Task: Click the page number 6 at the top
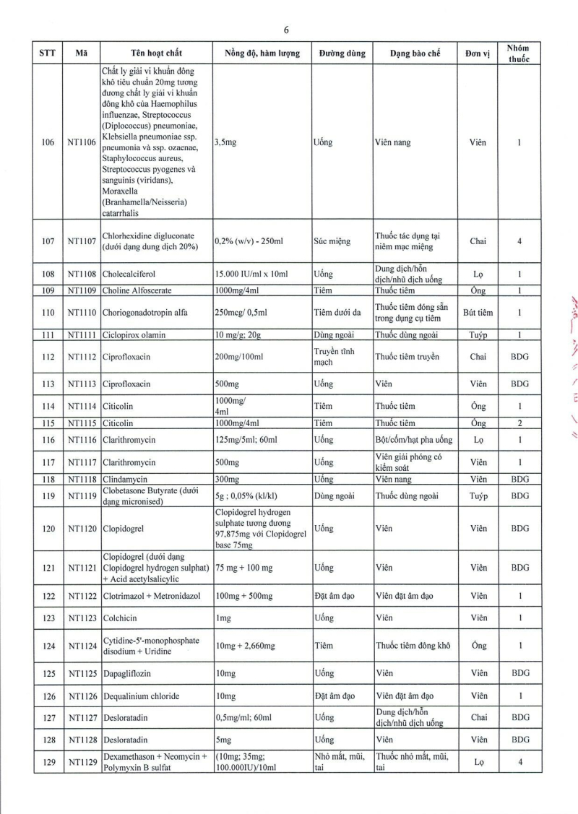pos(287,30)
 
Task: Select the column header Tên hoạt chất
pos(157,53)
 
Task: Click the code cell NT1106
pos(82,142)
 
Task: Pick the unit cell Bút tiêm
pos(478,312)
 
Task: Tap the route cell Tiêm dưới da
pos(337,312)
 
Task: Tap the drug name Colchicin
pos(120,618)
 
